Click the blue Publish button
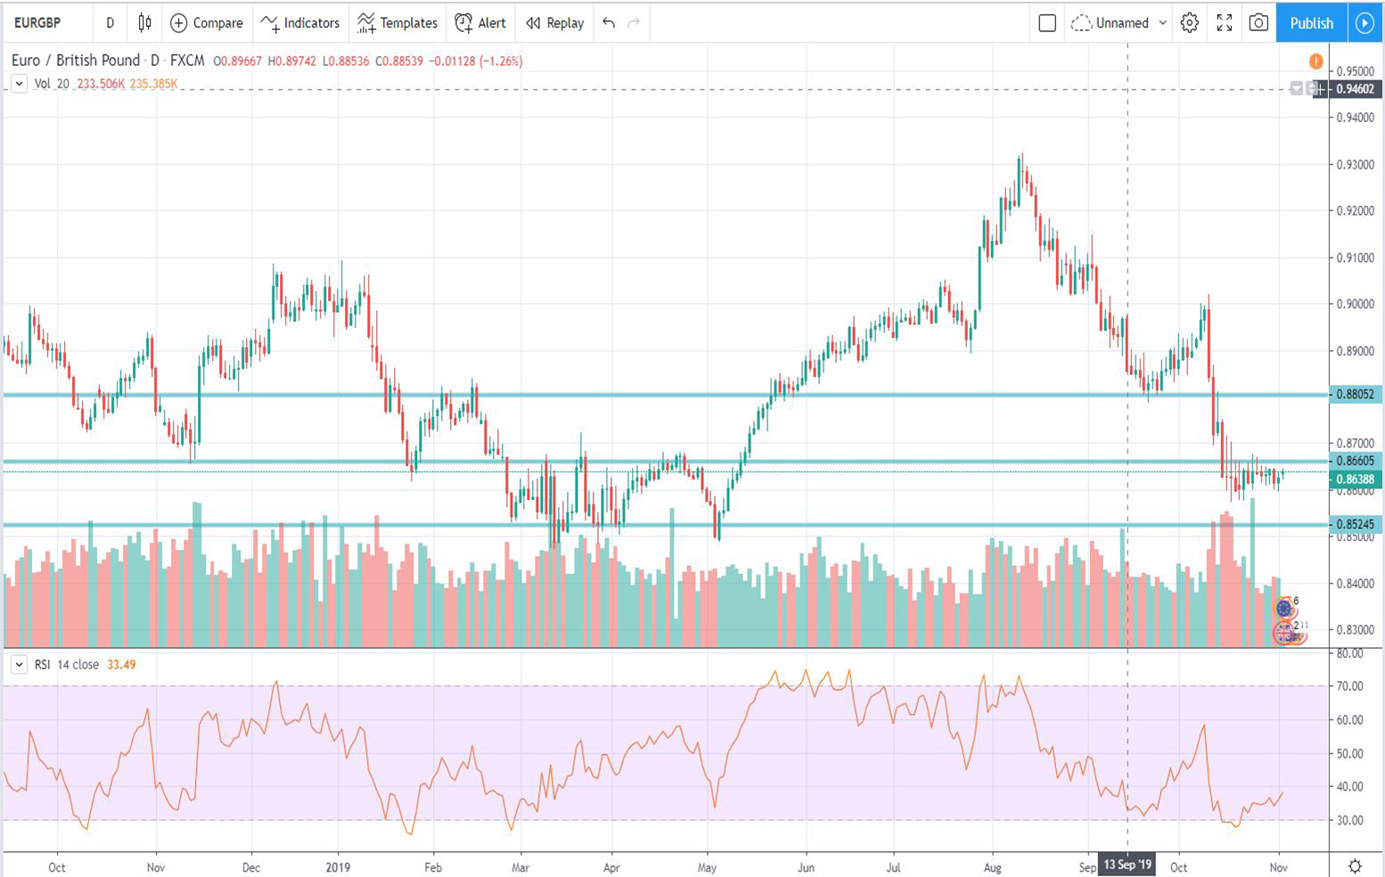pyautogui.click(x=1311, y=23)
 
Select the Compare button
pyautogui.click(x=207, y=23)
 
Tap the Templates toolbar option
pyautogui.click(x=397, y=23)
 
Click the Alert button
pyautogui.click(x=480, y=23)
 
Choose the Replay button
pyautogui.click(x=555, y=23)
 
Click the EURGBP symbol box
pyautogui.click(x=38, y=23)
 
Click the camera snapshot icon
pyautogui.click(x=1258, y=23)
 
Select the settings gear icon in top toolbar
pyautogui.click(x=1190, y=23)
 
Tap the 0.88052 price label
pyautogui.click(x=1355, y=394)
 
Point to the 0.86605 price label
pyautogui.click(x=1355, y=461)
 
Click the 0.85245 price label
pyautogui.click(x=1355, y=524)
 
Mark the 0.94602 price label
pyautogui.click(x=1355, y=89)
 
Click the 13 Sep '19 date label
pyautogui.click(x=1127, y=865)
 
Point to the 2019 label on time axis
pyautogui.click(x=338, y=867)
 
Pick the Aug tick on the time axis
pyautogui.click(x=992, y=867)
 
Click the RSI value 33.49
pyautogui.click(x=121, y=665)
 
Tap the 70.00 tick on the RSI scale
pyautogui.click(x=1350, y=686)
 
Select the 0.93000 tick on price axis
pyautogui.click(x=1355, y=165)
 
